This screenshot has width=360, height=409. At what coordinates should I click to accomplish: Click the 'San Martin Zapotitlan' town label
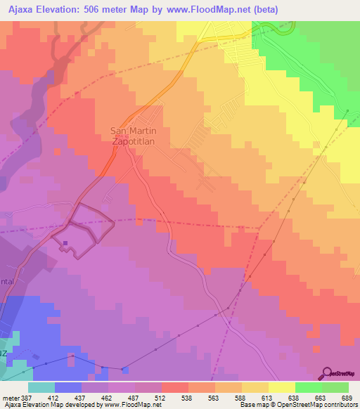pyautogui.click(x=131, y=135)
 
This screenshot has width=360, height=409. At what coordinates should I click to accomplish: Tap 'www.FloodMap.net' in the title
pyautogui.click(x=219, y=10)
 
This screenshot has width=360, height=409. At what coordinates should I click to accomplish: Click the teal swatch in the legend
pyautogui.click(x=41, y=387)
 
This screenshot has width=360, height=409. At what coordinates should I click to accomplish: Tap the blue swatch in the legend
pyautogui.click(x=68, y=387)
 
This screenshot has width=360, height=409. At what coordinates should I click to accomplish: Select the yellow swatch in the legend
pyautogui.click(x=281, y=387)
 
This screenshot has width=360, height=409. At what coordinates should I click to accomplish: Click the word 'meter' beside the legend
pyautogui.click(x=10, y=397)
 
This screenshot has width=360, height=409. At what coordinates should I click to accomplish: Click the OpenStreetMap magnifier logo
pyautogui.click(x=328, y=373)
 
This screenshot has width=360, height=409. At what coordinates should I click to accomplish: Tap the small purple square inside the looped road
pyautogui.click(x=65, y=244)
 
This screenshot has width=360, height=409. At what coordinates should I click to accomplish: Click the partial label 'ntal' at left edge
pyautogui.click(x=7, y=280)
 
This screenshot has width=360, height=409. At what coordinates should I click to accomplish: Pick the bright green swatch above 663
pyautogui.click(x=308, y=387)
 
